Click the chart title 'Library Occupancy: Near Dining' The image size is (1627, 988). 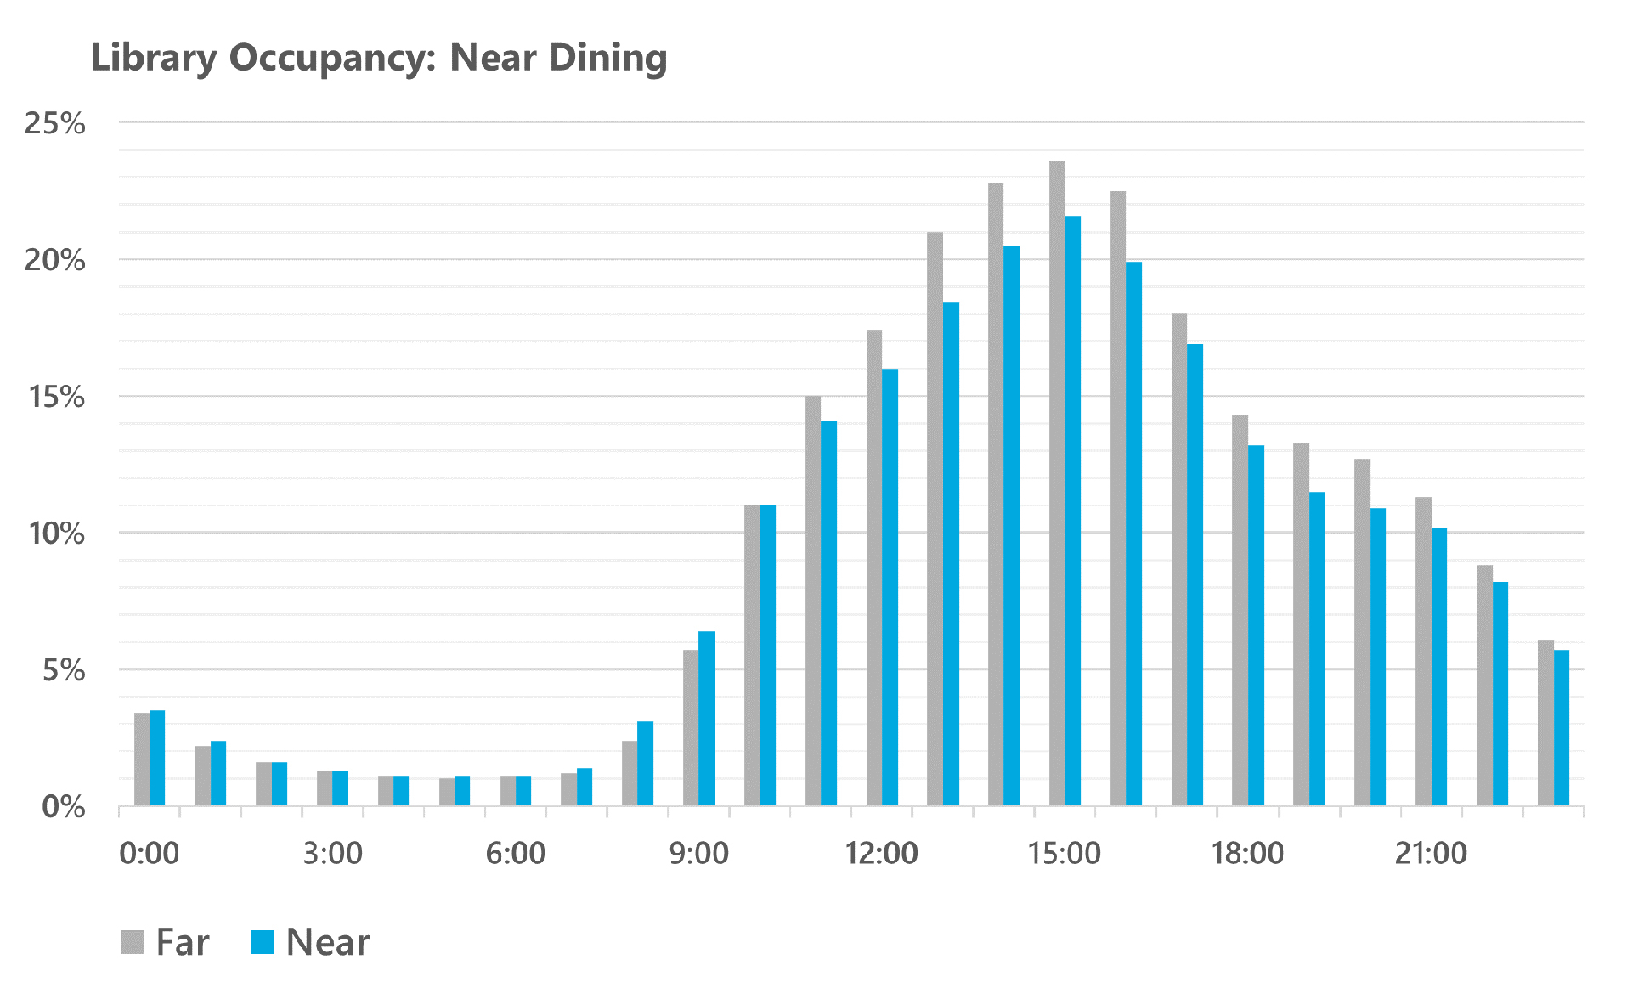379,58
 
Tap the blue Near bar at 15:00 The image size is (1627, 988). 1072,510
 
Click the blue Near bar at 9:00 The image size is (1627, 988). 706,718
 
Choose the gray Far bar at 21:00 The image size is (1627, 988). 1423,651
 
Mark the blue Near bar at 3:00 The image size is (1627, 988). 340,788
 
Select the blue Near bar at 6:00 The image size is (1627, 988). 523,790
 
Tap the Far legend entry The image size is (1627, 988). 166,942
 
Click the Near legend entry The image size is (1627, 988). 311,942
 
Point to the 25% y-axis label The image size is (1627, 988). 55,124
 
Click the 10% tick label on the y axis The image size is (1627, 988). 55,534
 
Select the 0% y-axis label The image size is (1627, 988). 63,807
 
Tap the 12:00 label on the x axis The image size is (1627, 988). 881,853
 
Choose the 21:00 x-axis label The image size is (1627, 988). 1431,853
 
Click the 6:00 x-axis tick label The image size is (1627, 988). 515,853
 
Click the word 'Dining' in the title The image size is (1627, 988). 607,58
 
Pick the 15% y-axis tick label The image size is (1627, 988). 55,397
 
